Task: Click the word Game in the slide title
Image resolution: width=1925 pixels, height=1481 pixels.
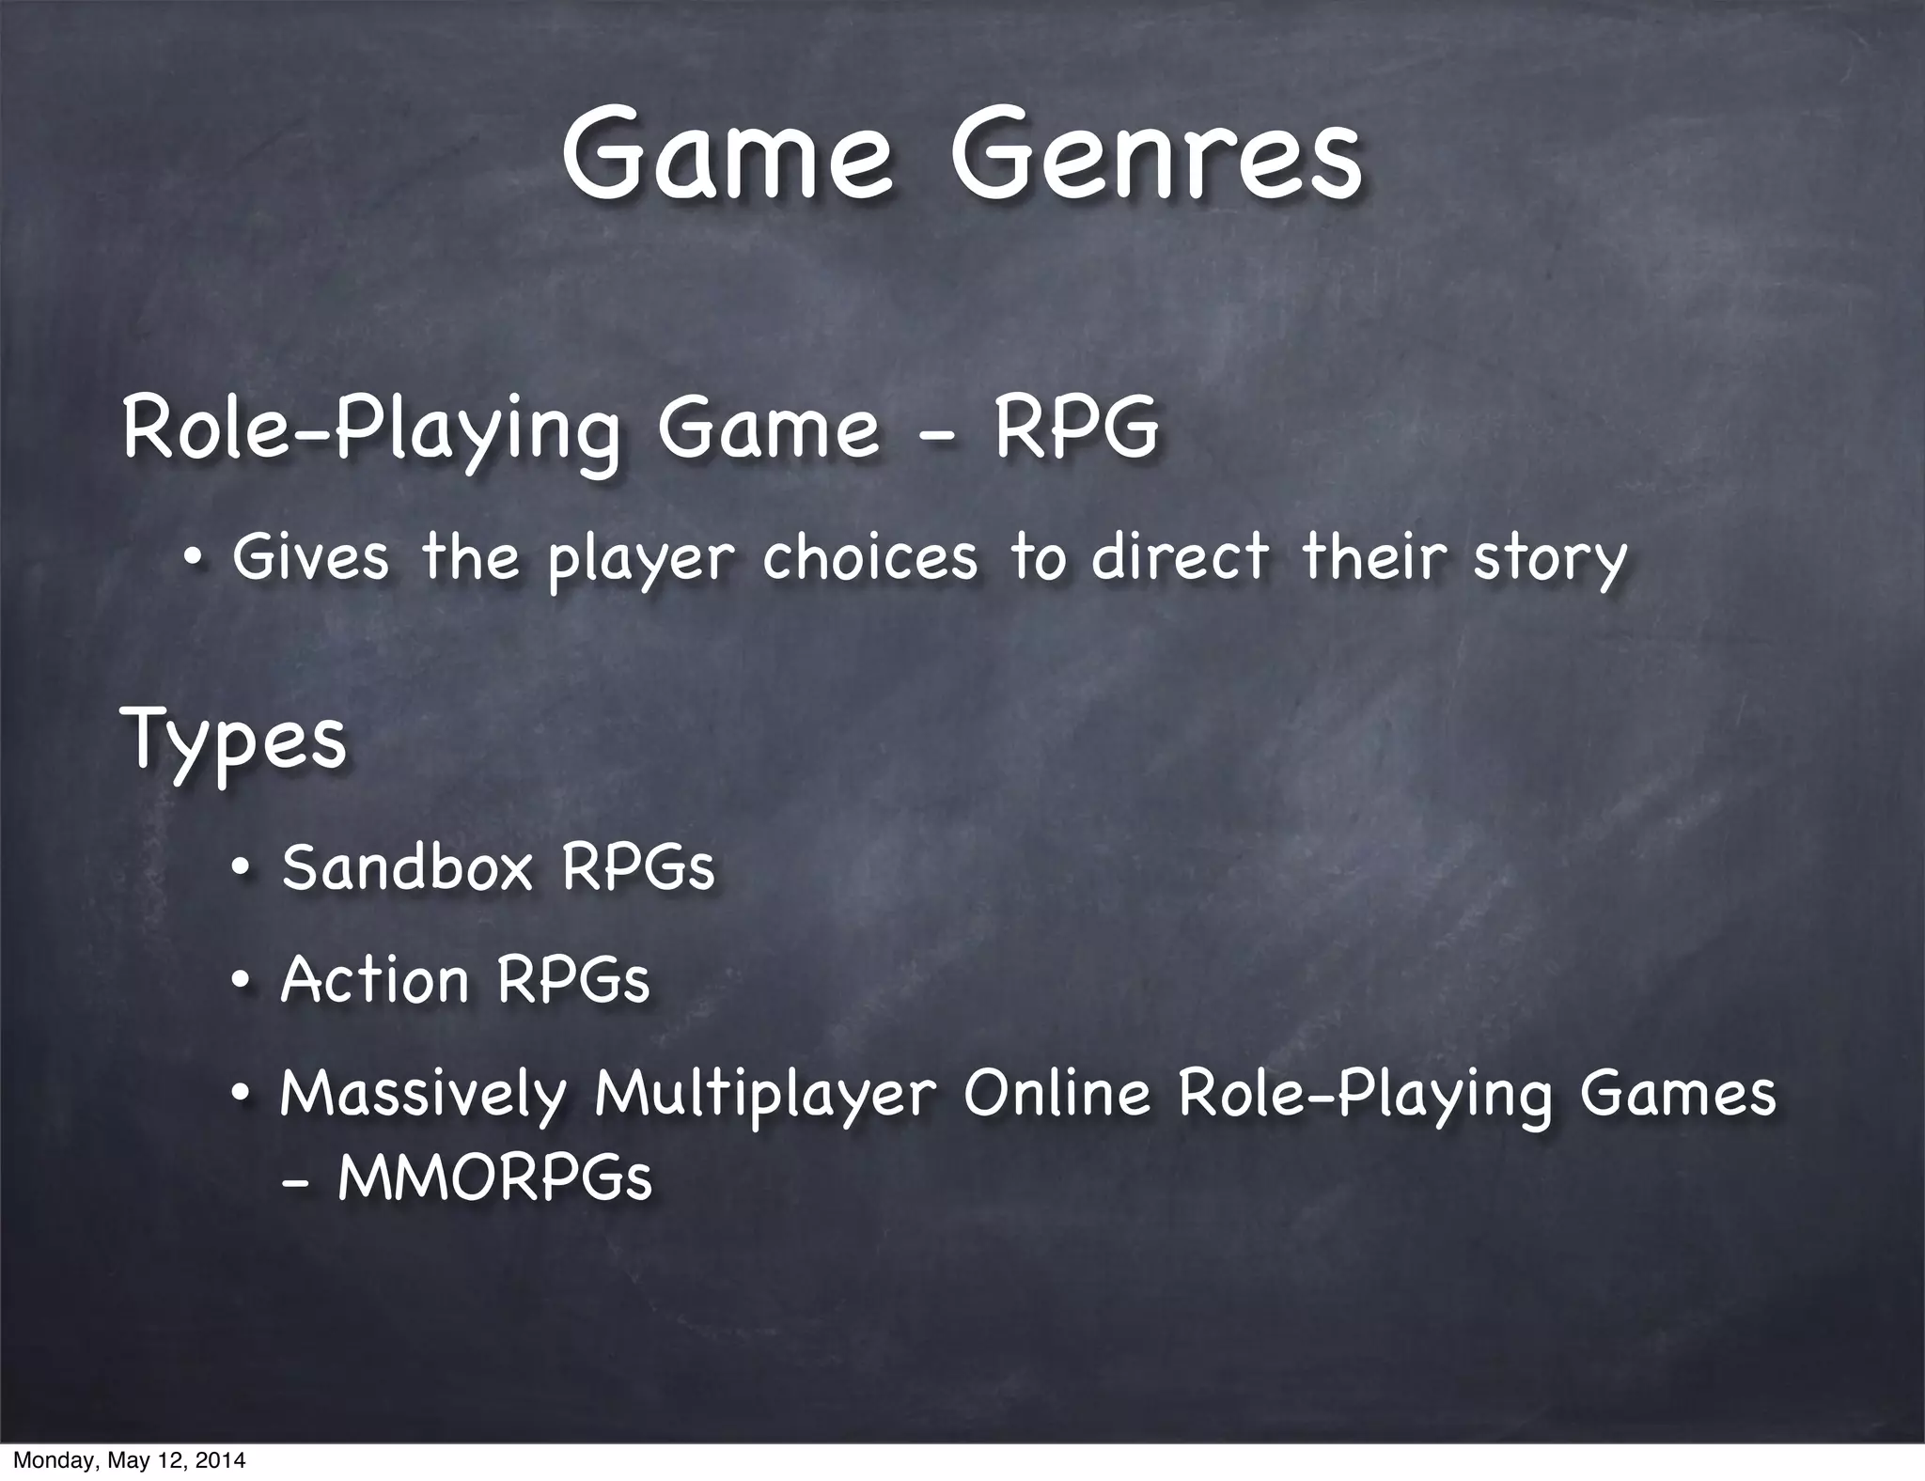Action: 726,155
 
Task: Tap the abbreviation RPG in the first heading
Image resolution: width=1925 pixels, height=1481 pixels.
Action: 1076,430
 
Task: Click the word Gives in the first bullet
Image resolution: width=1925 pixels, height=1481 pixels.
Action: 310,556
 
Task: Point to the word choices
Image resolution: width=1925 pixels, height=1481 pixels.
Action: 869,556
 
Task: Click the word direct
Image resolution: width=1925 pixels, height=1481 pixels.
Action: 1180,556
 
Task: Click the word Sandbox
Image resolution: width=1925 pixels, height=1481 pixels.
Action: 407,866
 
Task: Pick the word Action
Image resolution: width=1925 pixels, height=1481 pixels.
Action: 374,980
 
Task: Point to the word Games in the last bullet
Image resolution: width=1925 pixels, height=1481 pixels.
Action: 1677,1093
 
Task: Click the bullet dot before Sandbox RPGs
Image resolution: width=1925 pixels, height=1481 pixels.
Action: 242,868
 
